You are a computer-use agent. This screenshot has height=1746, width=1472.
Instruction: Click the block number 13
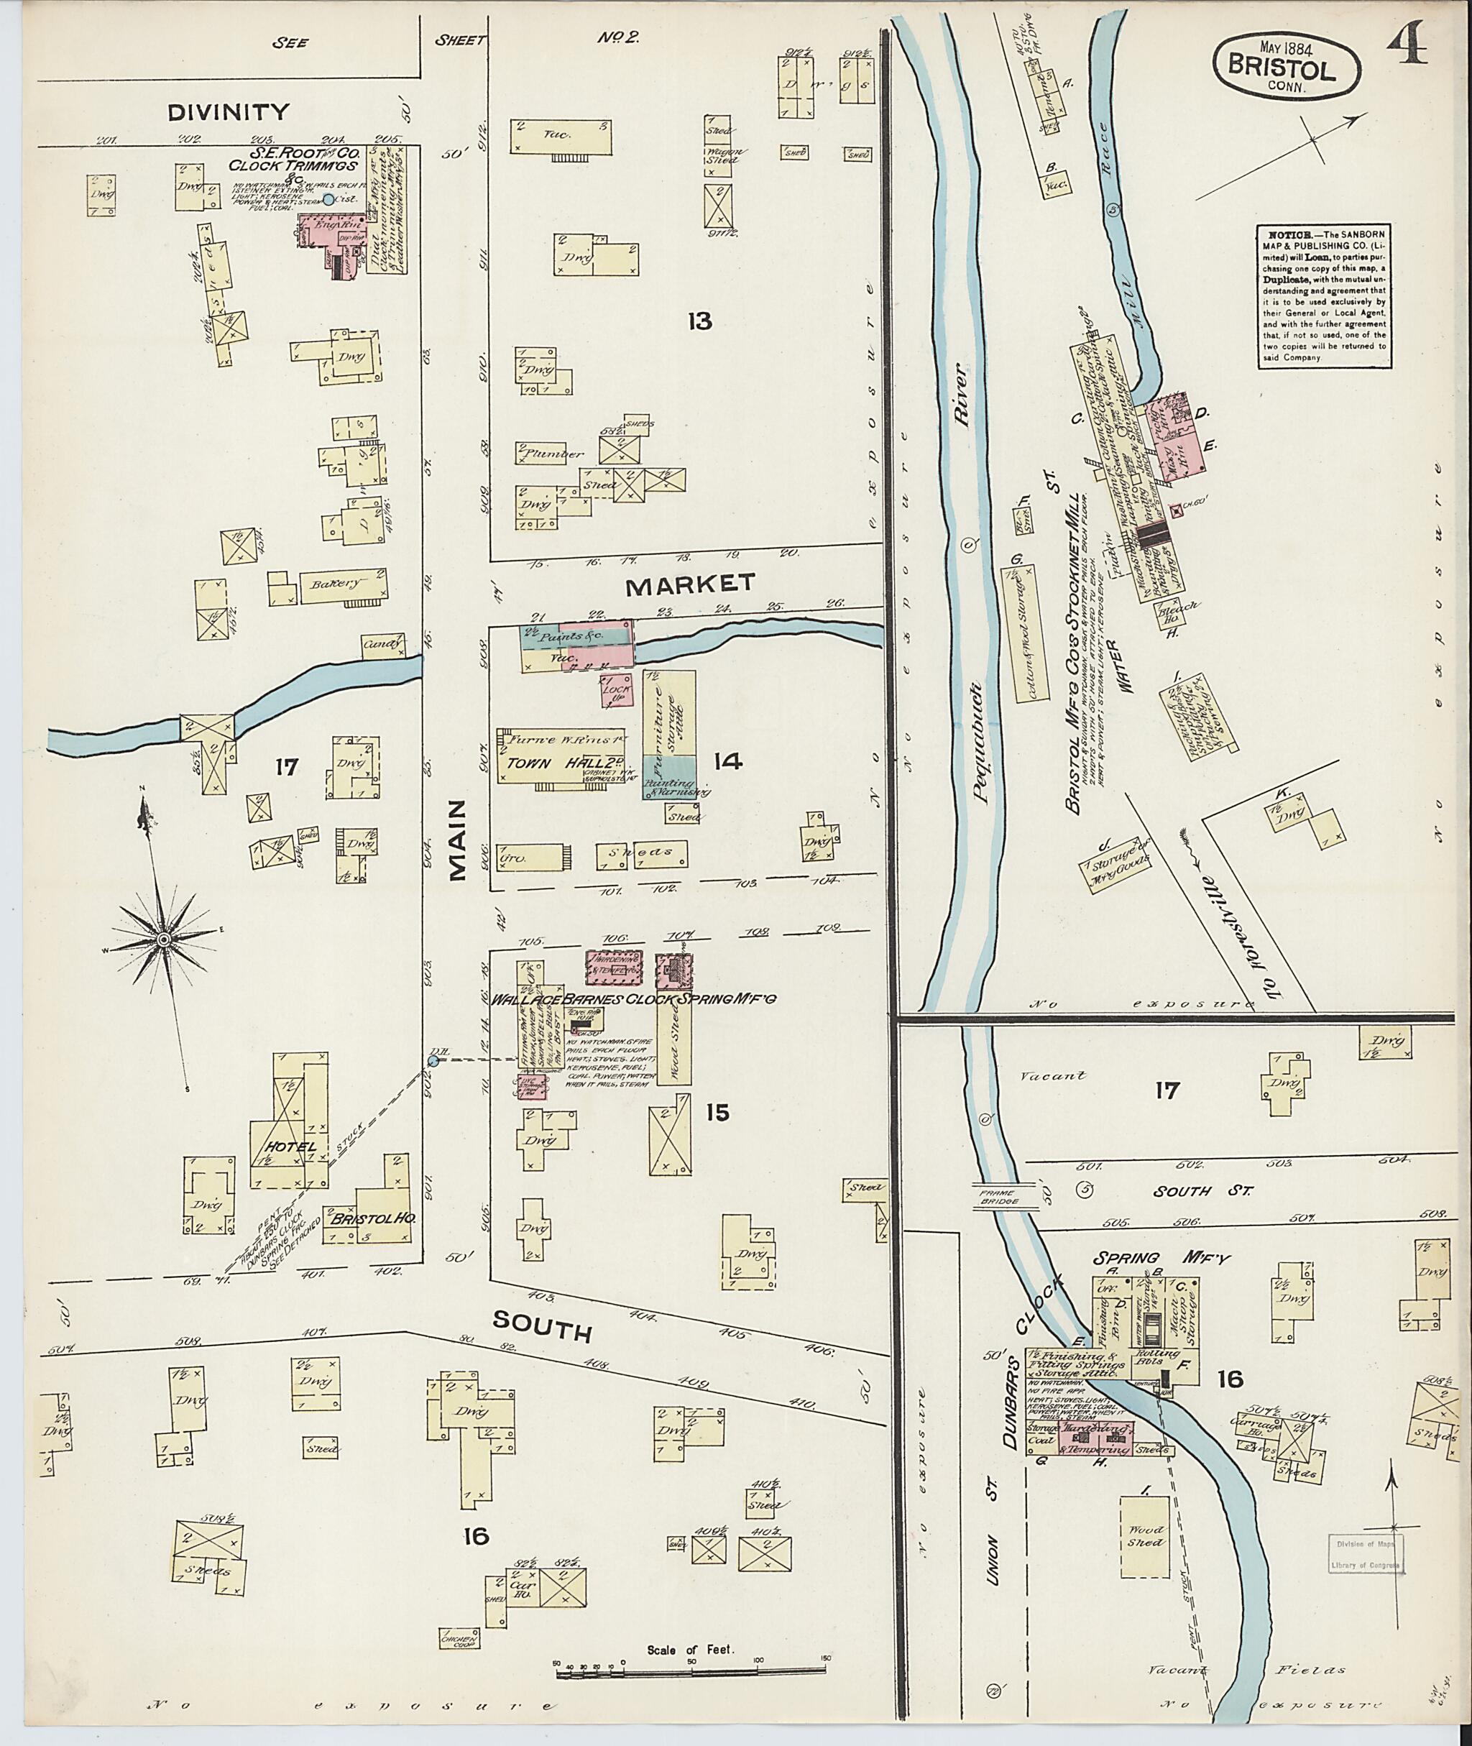[699, 321]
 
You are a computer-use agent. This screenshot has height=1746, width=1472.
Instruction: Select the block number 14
[727, 761]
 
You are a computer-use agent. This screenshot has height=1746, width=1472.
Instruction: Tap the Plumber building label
[553, 453]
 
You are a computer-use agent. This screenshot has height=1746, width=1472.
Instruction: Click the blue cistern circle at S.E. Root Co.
[328, 198]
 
